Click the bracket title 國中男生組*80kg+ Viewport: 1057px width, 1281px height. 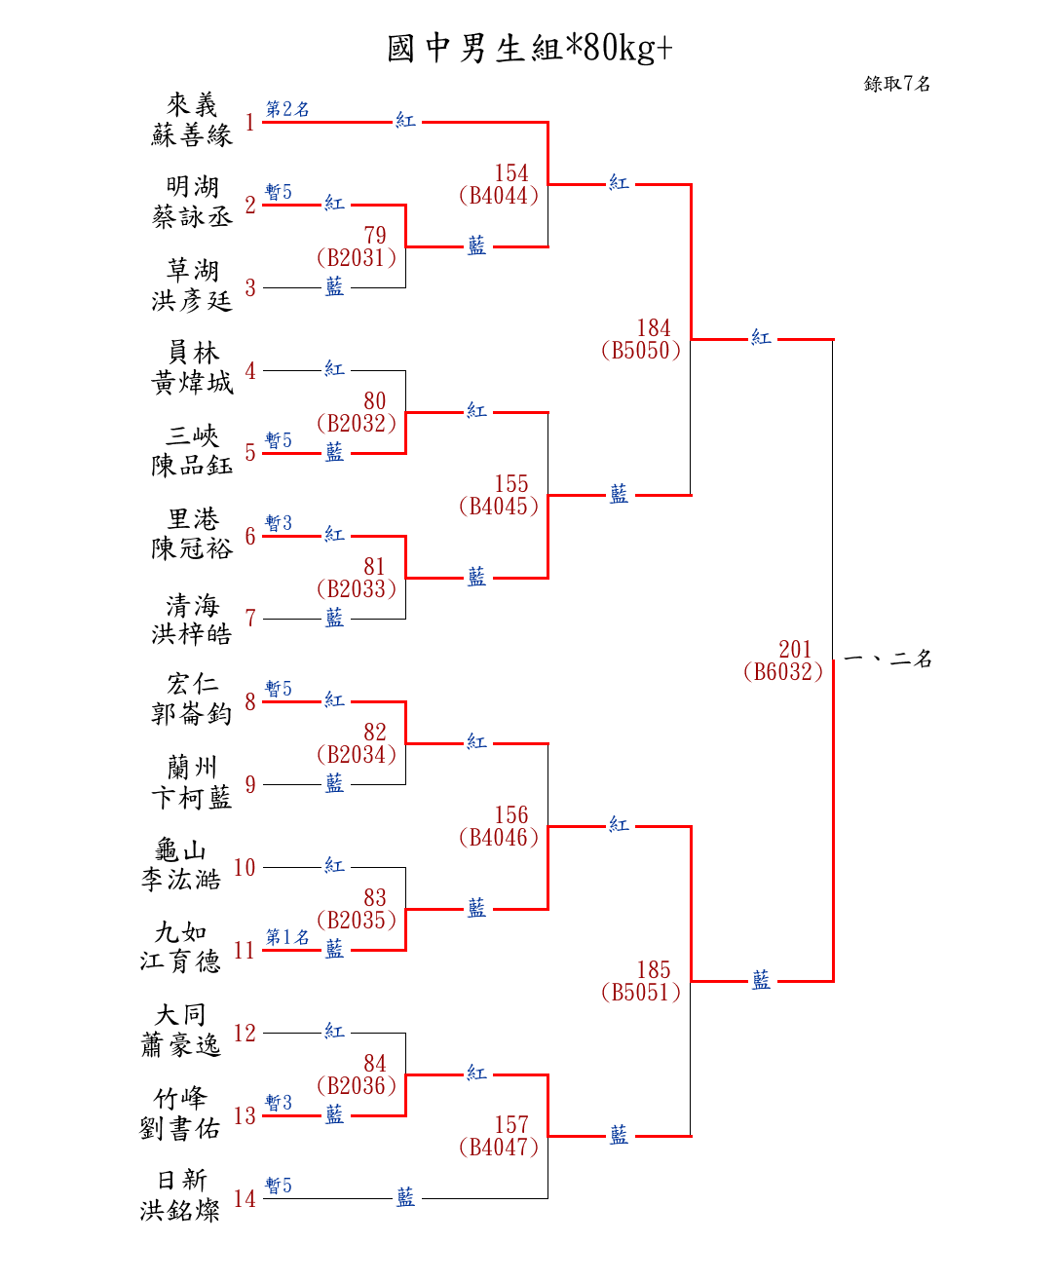tap(529, 48)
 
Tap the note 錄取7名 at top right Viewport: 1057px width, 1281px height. tap(896, 84)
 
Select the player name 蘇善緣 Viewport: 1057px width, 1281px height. tap(192, 135)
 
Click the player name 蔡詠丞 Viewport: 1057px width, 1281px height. tap(192, 217)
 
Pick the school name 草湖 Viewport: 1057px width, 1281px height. tap(192, 270)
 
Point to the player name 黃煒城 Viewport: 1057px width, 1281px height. tap(192, 383)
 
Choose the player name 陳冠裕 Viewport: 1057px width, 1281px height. tap(192, 549)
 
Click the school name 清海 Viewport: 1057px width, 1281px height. tap(192, 605)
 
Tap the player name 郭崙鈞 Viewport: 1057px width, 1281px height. tap(192, 714)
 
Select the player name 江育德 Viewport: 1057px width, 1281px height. tap(180, 962)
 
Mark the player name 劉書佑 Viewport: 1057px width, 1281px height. tap(180, 1129)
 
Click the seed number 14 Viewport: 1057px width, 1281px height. tap(245, 1199)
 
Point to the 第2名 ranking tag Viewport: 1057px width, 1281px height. tap(287, 109)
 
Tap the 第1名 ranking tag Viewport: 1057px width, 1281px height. tap(287, 937)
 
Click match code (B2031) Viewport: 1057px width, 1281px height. tap(357, 258)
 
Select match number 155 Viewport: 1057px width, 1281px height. tap(511, 484)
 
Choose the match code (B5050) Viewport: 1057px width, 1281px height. tap(641, 351)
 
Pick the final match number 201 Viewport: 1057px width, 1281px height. tap(795, 649)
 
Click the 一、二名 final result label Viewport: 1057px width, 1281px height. tap(887, 659)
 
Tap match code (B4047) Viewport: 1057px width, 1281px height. tap(499, 1148)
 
